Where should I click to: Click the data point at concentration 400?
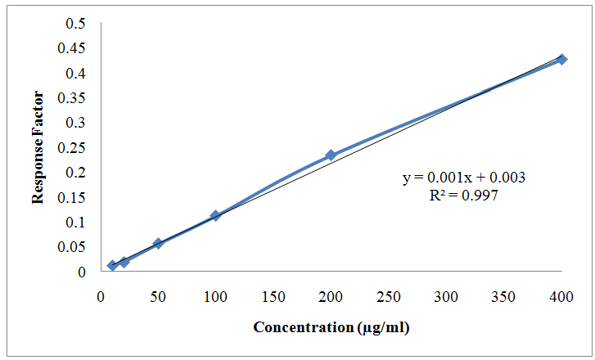pyautogui.click(x=561, y=59)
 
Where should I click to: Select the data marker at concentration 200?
pyautogui.click(x=331, y=155)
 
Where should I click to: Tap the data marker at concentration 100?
pyautogui.click(x=215, y=215)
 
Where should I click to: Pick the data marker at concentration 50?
pyautogui.click(x=158, y=243)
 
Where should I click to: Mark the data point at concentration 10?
pyautogui.click(x=112, y=265)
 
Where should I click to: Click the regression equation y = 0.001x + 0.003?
pyautogui.click(x=463, y=178)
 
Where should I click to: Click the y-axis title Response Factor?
pyautogui.click(x=37, y=148)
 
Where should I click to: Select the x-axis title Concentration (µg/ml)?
pyautogui.click(x=331, y=328)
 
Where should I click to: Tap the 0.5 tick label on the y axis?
pyautogui.click(x=76, y=24)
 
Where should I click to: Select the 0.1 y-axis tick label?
pyautogui.click(x=76, y=222)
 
